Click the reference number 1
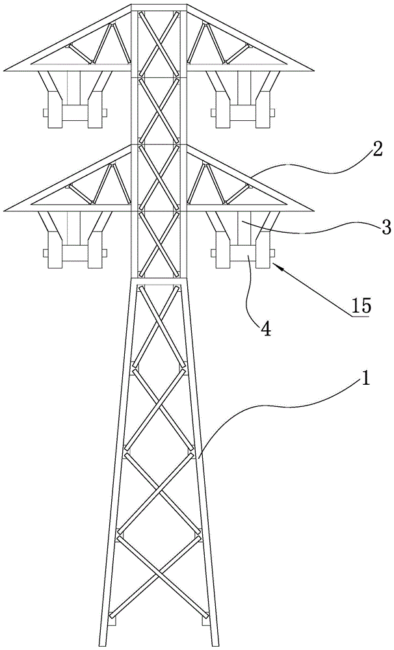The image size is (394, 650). point(365,378)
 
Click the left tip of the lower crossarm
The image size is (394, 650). point(5,210)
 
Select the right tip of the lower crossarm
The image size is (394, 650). point(314,210)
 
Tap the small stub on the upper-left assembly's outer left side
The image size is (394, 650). point(45,112)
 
